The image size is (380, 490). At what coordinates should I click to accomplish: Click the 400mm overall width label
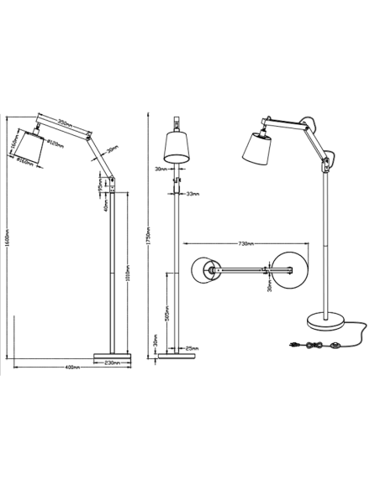tap(71, 369)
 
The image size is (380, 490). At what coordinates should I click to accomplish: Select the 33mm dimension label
tap(191, 195)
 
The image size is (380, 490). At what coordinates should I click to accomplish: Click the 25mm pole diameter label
tap(193, 348)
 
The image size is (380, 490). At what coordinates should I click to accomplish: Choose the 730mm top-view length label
tap(247, 245)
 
